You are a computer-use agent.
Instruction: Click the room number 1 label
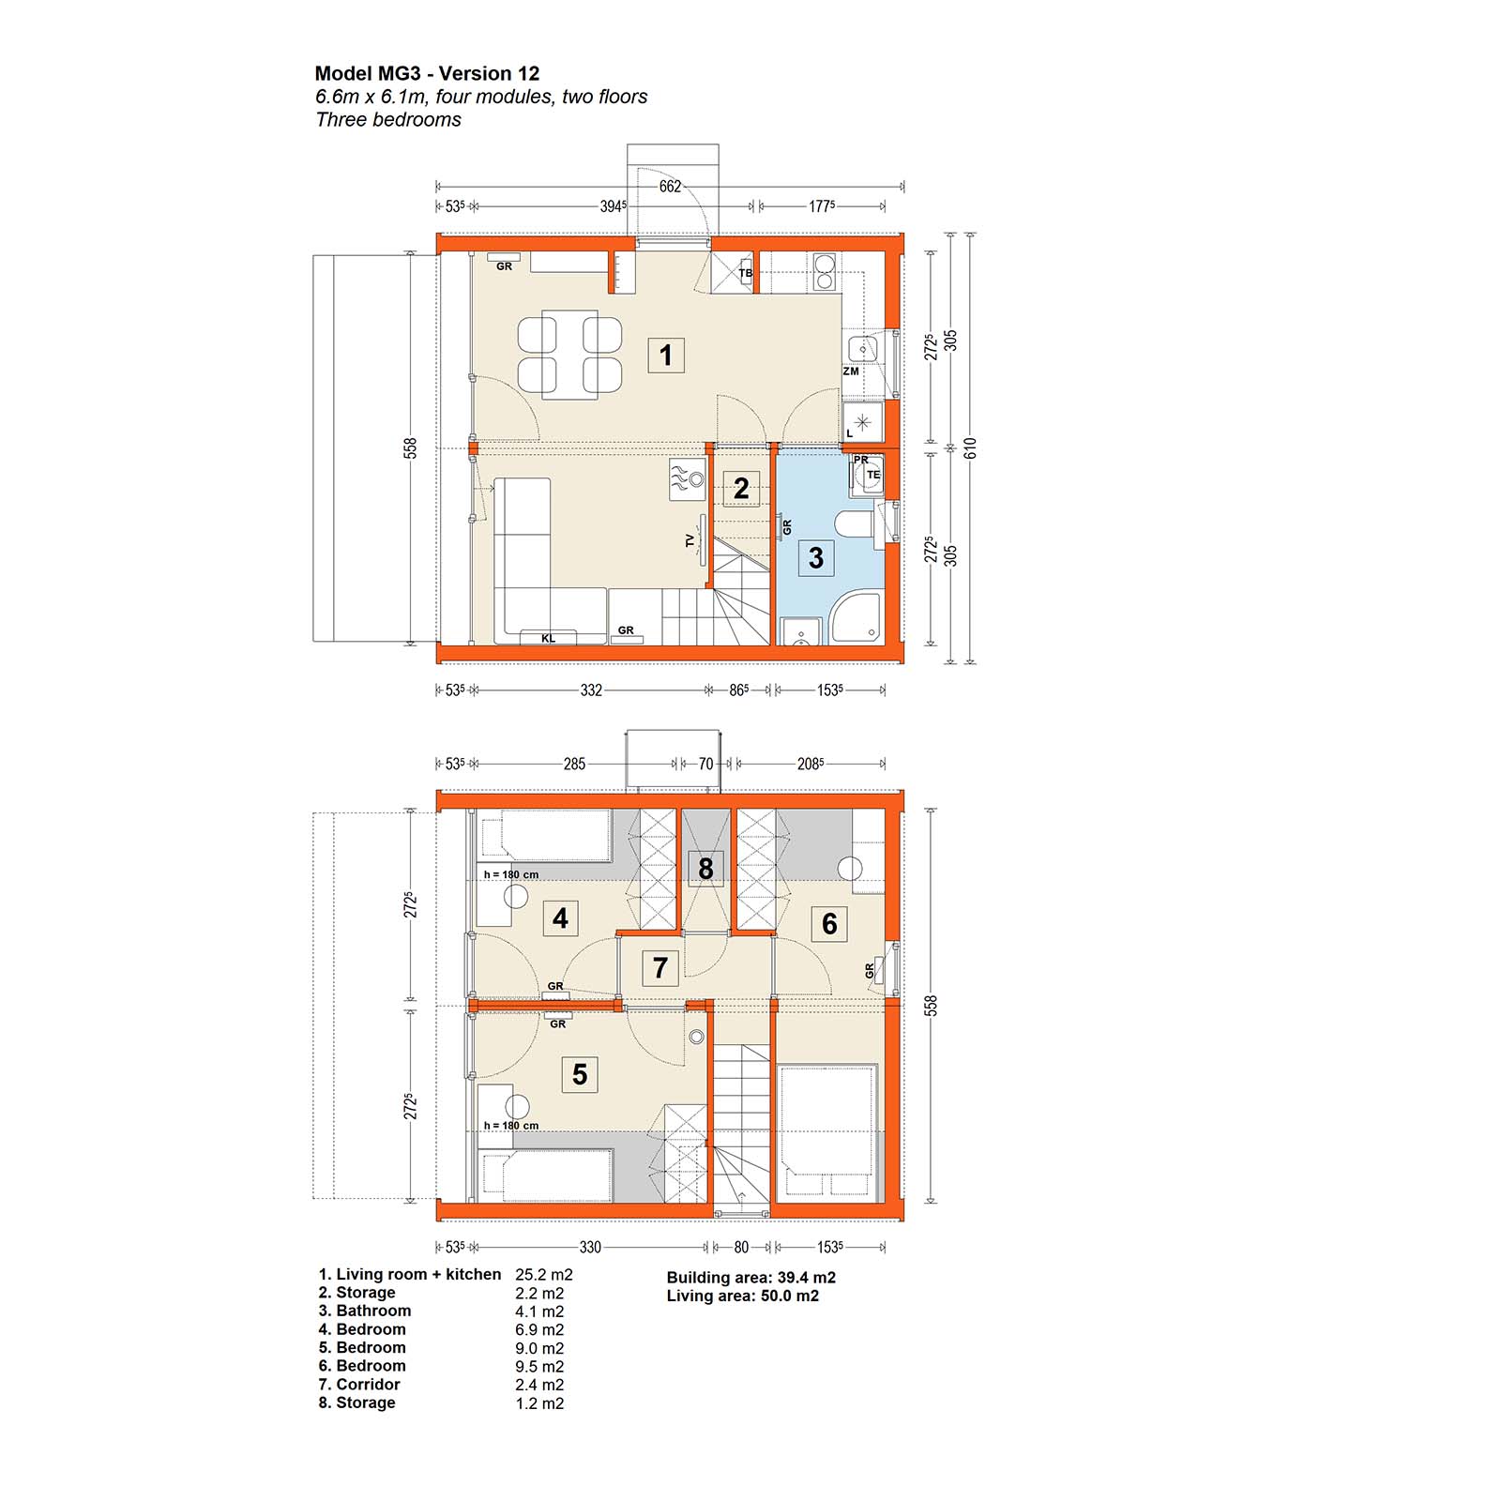(666, 356)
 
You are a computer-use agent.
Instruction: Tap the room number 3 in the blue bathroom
(816, 557)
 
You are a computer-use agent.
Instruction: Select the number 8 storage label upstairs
(705, 869)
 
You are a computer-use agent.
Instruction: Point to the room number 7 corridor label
(660, 967)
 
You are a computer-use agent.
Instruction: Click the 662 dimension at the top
(670, 187)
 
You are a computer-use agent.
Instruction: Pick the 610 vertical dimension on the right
(971, 448)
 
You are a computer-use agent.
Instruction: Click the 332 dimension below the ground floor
(591, 690)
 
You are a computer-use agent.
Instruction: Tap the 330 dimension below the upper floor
(590, 1248)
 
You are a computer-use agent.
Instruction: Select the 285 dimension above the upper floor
(574, 765)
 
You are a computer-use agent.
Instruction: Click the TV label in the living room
(690, 540)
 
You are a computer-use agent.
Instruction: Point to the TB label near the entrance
(746, 273)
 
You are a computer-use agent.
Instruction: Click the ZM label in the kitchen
(851, 371)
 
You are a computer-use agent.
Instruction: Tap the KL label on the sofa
(549, 639)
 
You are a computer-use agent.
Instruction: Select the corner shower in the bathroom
(857, 617)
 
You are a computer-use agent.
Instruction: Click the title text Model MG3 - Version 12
(427, 73)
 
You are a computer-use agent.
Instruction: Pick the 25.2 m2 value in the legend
(544, 1275)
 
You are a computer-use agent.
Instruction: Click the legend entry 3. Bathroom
(365, 1311)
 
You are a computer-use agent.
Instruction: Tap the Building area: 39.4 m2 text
(751, 1278)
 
